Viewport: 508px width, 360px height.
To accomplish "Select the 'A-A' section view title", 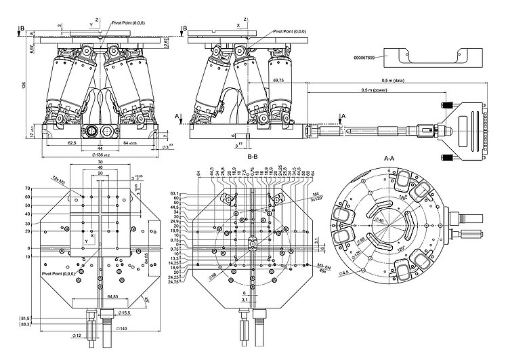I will coord(389,158).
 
